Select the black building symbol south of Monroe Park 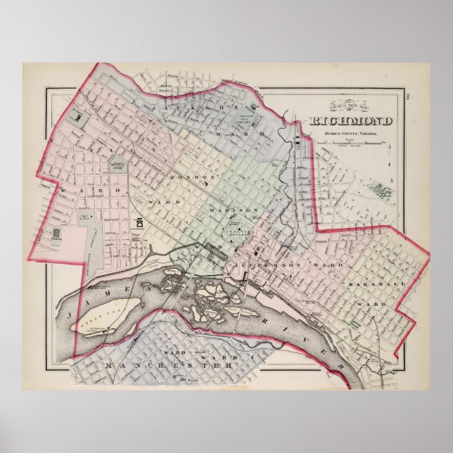[137, 223]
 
